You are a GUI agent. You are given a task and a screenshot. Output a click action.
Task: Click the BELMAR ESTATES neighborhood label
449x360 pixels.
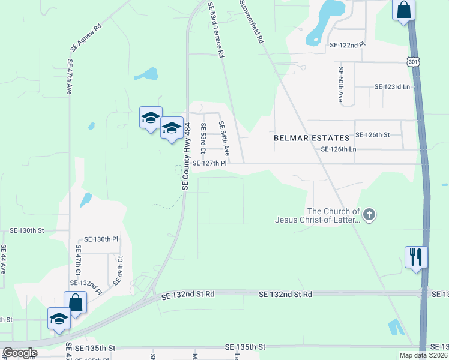(x=312, y=138)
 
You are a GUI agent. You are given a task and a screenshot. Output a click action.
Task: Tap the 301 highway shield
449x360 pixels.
(x=412, y=61)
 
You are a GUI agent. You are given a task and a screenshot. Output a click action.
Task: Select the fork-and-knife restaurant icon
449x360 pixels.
(x=416, y=257)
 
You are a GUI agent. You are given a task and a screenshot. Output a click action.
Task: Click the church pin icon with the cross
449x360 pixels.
(x=369, y=214)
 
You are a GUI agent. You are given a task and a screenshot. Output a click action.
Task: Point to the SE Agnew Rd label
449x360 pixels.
(x=86, y=36)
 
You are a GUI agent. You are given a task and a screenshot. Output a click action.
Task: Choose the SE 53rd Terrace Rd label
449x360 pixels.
(x=216, y=29)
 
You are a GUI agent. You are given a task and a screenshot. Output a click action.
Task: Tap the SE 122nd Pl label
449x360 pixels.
(x=348, y=45)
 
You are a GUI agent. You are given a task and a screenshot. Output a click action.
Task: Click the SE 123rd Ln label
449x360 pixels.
(x=392, y=86)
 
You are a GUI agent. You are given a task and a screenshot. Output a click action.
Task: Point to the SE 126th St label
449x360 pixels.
(x=373, y=135)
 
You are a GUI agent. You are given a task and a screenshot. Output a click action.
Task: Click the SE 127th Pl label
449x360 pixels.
(x=209, y=163)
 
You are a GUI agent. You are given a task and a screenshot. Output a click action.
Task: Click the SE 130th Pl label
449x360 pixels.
(x=101, y=239)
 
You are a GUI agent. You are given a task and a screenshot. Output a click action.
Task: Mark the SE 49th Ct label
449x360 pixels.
(x=119, y=270)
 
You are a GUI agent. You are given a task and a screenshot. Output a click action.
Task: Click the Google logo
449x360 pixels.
(x=19, y=352)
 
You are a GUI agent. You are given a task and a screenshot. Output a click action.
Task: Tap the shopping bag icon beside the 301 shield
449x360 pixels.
(x=403, y=10)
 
